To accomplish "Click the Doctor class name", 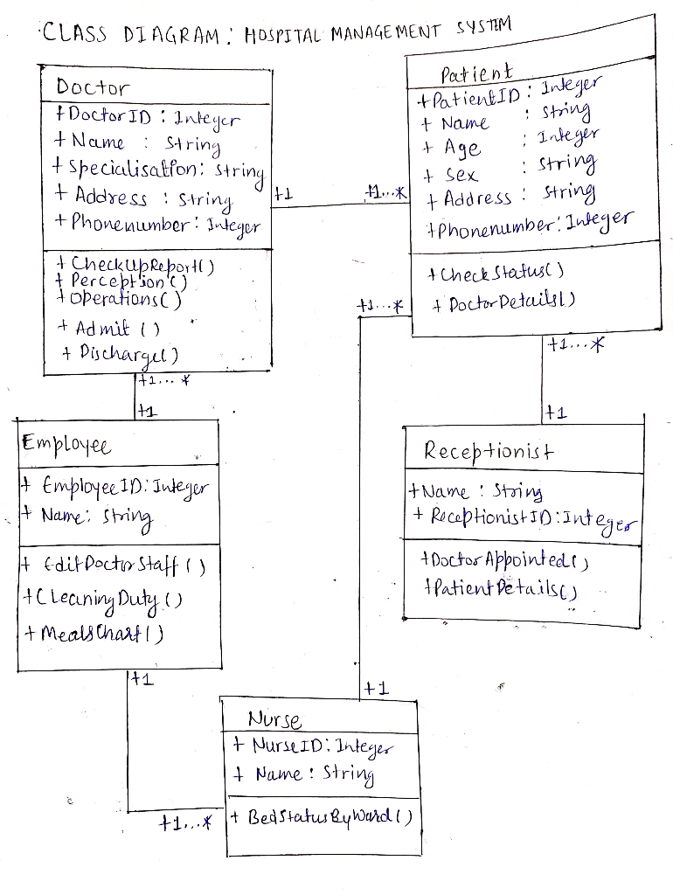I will pyautogui.click(x=92, y=87).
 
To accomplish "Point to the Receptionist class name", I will pyautogui.click(x=489, y=451).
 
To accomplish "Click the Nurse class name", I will pyautogui.click(x=274, y=721).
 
